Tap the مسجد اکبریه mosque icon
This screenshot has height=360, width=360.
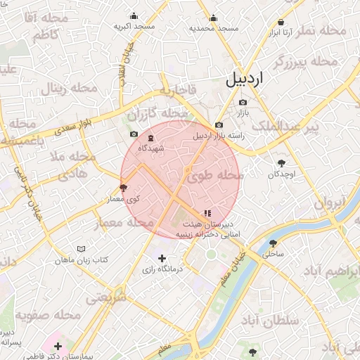[x=134, y=16]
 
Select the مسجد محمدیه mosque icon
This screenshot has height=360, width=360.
[x=214, y=18]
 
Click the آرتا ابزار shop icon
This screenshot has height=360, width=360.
[x=281, y=22]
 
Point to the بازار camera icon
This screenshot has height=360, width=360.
[x=243, y=103]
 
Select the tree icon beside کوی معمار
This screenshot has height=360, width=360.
[x=124, y=188]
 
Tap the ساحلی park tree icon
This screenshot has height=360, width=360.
[x=272, y=243]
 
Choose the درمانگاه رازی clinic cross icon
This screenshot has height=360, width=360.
[x=163, y=258]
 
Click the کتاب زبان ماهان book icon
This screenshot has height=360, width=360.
[x=81, y=250]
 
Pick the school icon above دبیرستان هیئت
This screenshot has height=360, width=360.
[x=207, y=212]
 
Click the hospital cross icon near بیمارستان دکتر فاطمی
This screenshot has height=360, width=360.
[x=58, y=346]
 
